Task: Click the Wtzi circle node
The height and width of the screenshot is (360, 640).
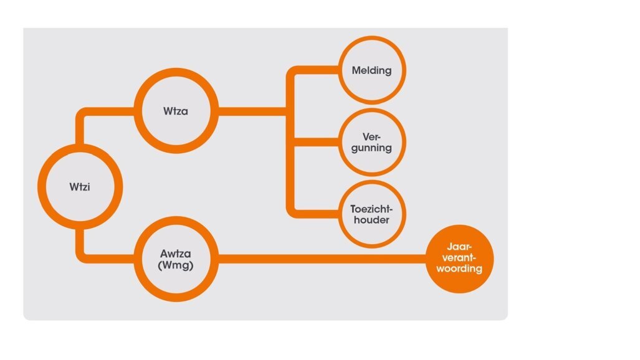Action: [80, 186]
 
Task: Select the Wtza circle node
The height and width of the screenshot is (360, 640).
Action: [176, 112]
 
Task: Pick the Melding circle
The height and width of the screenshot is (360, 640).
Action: [371, 70]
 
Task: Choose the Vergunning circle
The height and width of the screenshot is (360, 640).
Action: [371, 142]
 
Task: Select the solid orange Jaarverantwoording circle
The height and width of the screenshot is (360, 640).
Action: [460, 258]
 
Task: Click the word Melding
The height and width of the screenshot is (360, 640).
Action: [371, 70]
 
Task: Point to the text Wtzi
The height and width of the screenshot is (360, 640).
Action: [80, 186]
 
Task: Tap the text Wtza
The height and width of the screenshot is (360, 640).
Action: [175, 112]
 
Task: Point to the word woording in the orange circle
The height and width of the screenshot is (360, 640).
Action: [460, 269]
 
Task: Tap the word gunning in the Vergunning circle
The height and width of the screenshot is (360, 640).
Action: [371, 148]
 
